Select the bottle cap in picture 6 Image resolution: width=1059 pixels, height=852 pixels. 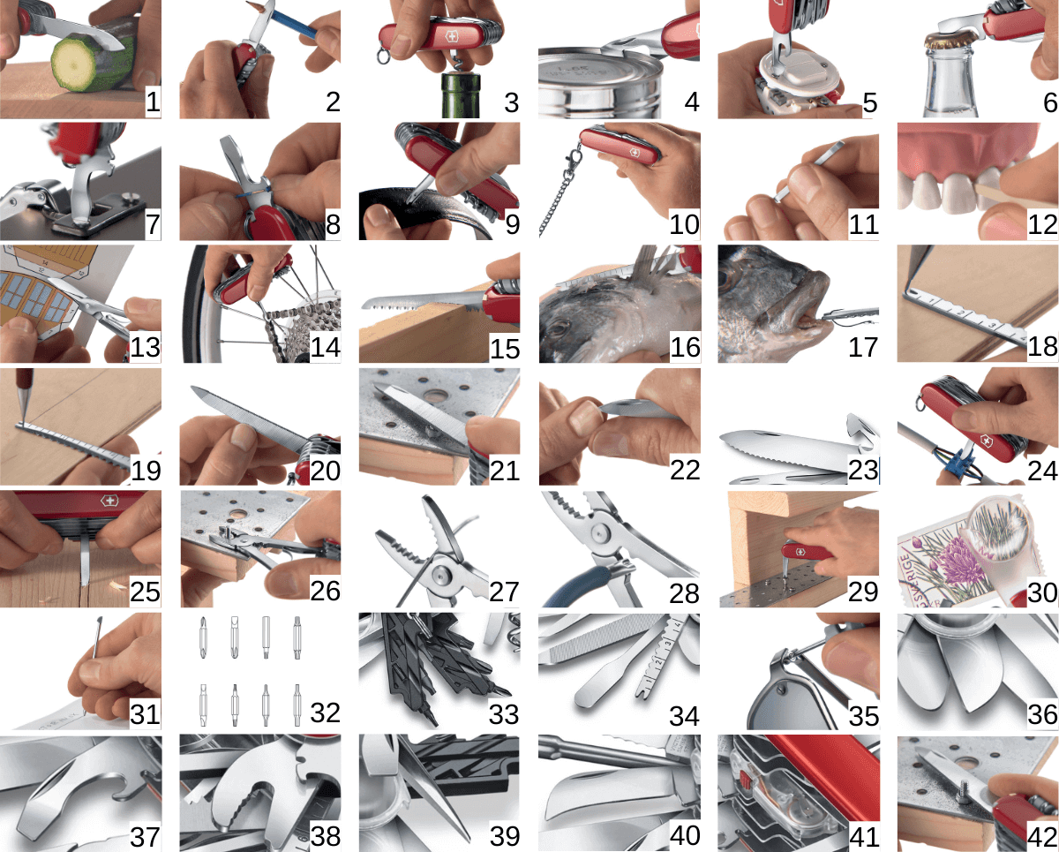click(949, 41)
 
